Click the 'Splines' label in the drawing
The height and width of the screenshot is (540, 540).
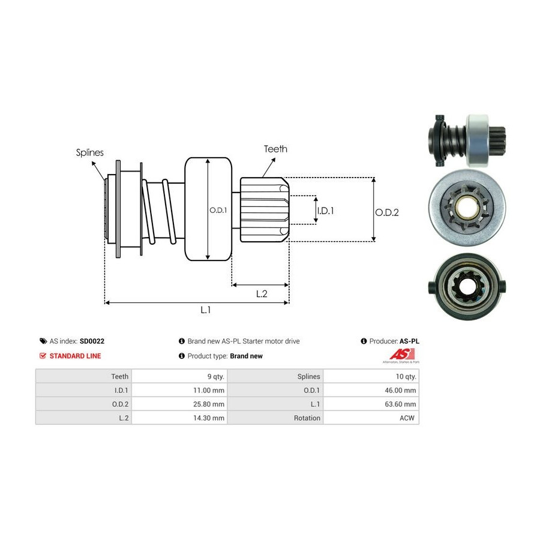tap(89, 152)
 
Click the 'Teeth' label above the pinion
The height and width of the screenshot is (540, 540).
tap(275, 149)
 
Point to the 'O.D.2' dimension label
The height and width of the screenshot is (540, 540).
tap(387, 212)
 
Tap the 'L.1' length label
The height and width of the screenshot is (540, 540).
tap(205, 310)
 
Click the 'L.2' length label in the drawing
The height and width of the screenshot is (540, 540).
tap(262, 293)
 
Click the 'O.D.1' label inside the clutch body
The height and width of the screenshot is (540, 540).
tap(218, 210)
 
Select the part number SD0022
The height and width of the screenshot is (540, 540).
tap(92, 341)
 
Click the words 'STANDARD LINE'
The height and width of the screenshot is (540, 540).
tap(75, 356)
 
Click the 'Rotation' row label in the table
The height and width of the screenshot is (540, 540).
tap(307, 418)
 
